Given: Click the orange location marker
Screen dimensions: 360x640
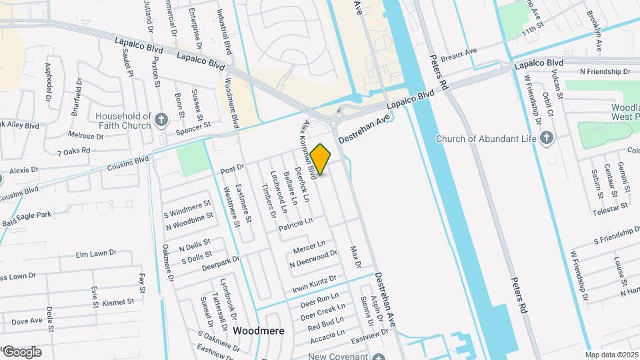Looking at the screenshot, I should [321, 159].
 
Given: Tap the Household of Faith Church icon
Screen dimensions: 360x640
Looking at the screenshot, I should [161, 120].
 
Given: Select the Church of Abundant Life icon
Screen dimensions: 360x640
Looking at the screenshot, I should [547, 138].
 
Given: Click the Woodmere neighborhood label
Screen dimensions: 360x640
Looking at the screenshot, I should [259, 331].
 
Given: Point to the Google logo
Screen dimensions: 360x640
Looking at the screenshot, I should [21, 352].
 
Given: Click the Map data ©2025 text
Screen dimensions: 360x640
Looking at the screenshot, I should [611, 355].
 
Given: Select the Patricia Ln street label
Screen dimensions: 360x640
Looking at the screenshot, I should [295, 224].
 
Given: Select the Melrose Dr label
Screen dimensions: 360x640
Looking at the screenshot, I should [85, 135].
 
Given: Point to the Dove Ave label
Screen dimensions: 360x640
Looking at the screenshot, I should [27, 321].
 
